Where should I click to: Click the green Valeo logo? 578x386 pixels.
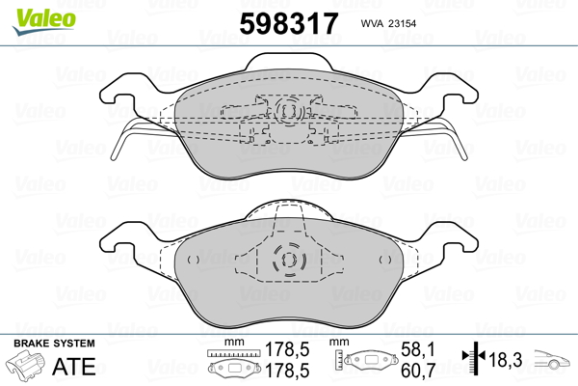pyautogui.click(x=43, y=21)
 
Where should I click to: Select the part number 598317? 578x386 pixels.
pyautogui.click(x=289, y=23)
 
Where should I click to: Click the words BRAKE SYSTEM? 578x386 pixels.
pyautogui.click(x=54, y=344)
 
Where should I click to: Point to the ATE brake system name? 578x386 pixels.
pyautogui.click(x=74, y=366)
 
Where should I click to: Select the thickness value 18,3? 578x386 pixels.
pyautogui.click(x=506, y=359)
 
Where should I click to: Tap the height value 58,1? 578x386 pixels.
pyautogui.click(x=418, y=349)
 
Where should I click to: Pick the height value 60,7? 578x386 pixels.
pyautogui.click(x=418, y=371)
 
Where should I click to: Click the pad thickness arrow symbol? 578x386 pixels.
pyautogui.click(x=474, y=357)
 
